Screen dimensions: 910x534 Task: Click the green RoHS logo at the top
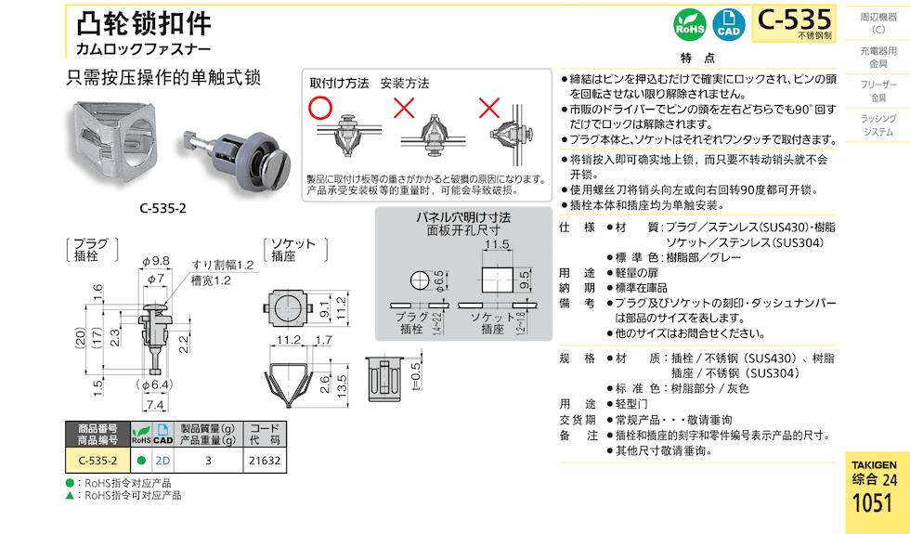click(690, 25)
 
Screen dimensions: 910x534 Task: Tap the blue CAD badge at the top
click(728, 25)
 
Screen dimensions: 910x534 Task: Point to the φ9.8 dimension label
click(155, 261)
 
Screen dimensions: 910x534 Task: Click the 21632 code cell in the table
click(265, 461)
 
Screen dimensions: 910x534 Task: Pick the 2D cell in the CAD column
click(162, 461)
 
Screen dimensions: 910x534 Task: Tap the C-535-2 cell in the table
click(98, 461)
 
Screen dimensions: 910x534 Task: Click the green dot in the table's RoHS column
click(141, 461)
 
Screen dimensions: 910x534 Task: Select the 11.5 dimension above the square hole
click(498, 244)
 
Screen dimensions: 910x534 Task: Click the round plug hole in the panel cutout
click(420, 280)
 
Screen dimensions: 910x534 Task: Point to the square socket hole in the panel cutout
click(498, 280)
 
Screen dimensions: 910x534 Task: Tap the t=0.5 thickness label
click(416, 375)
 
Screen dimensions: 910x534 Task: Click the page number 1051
click(872, 502)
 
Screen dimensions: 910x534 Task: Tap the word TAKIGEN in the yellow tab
click(874, 465)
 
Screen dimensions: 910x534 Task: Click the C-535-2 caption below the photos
click(163, 208)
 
